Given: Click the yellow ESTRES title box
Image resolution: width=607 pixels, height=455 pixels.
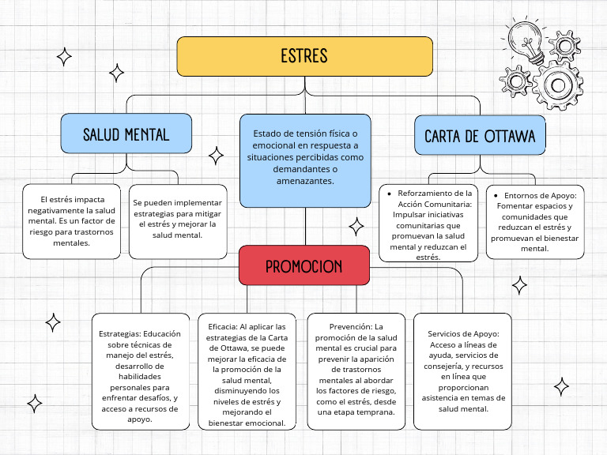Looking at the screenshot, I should [x=304, y=56].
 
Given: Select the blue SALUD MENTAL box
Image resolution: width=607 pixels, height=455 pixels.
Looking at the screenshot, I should [x=126, y=133].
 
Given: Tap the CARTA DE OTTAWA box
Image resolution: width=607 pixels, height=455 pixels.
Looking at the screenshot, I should [x=480, y=136].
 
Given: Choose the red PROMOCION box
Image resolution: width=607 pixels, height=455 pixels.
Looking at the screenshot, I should [x=303, y=265].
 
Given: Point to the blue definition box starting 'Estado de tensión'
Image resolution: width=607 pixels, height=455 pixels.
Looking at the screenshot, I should [x=305, y=160].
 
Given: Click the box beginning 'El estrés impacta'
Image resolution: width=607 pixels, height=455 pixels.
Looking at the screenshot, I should [x=71, y=221].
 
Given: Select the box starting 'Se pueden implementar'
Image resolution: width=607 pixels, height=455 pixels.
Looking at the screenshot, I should [x=178, y=221].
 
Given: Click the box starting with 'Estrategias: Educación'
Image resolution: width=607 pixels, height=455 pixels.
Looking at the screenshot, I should [x=140, y=371].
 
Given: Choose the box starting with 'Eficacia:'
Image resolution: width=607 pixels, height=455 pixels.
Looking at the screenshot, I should [x=247, y=371].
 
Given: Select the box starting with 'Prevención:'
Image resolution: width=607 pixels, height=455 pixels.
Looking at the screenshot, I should [x=356, y=371].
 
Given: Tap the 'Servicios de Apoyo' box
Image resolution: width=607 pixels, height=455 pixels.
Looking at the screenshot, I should [x=463, y=371].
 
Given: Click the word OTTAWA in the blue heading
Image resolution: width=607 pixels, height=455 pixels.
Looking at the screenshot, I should [x=508, y=136].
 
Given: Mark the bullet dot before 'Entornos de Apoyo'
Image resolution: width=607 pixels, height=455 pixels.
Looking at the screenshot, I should [x=496, y=195].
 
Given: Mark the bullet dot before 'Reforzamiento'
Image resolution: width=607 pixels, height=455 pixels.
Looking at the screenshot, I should [x=390, y=193].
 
